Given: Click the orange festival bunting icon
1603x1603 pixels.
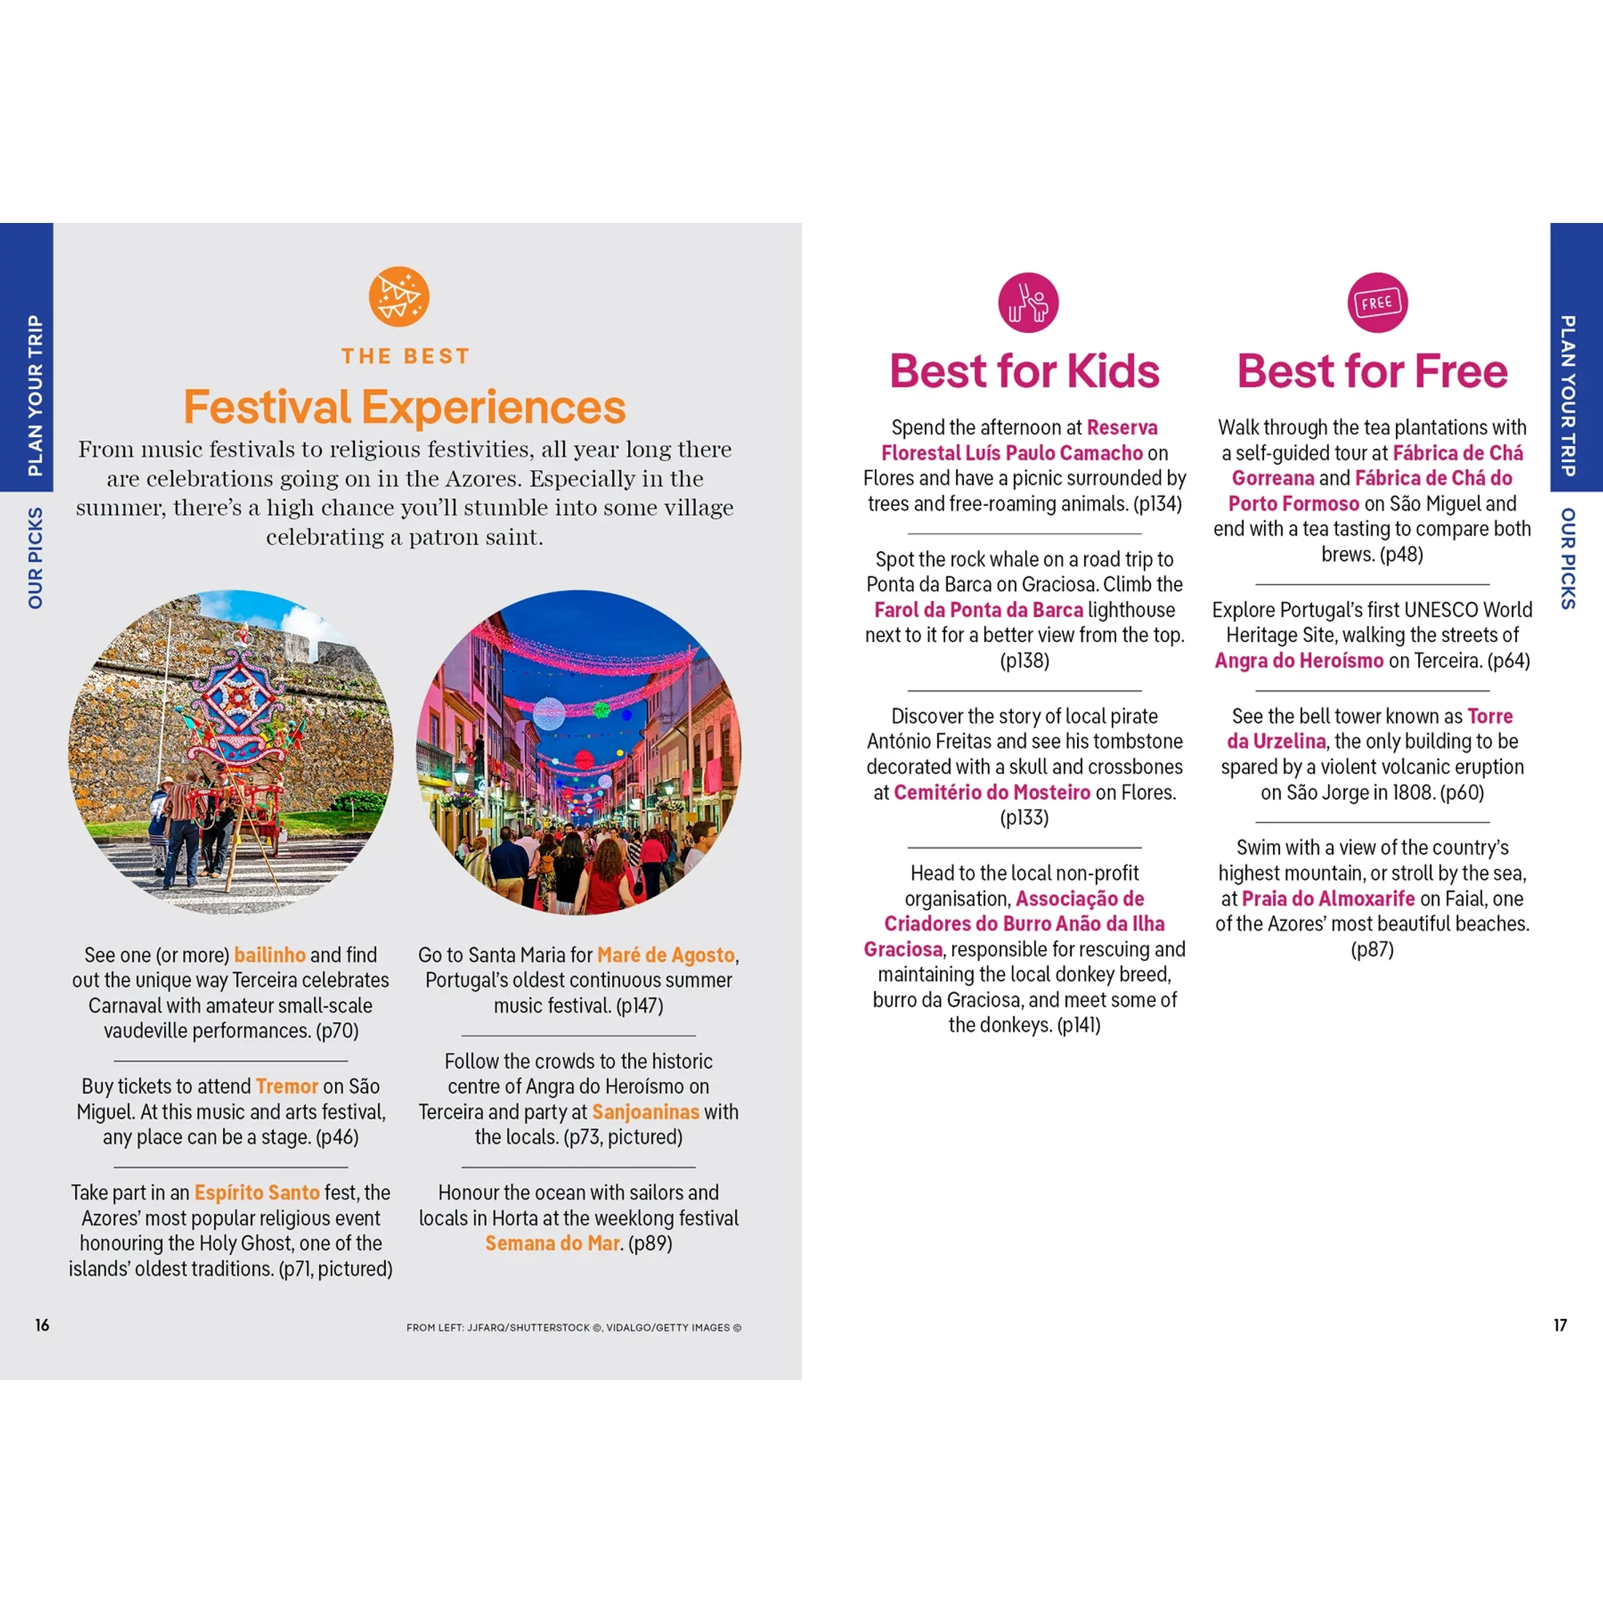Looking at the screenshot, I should point(399,297).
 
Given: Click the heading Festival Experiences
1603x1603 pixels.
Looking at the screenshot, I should point(404,407).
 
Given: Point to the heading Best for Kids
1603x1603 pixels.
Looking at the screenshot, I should point(1024,371).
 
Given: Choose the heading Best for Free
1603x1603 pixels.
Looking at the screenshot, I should point(1372,371).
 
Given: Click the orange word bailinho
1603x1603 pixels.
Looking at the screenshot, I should point(270,955).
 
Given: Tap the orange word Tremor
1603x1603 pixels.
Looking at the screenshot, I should point(287,1086).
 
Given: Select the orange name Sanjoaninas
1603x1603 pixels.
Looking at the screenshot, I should point(646,1112).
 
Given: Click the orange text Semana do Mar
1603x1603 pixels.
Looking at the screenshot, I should point(552,1243).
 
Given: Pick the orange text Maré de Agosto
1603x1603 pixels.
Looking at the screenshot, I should point(666,955).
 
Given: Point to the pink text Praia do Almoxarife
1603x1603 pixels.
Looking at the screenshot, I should point(1328,898).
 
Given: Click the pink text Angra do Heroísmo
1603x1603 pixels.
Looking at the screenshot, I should point(1299,660).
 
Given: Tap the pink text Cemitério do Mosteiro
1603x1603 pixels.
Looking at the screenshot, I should point(992,792).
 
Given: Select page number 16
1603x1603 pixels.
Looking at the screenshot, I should point(42,1325).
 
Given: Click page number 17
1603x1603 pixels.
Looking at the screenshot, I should point(1560,1325).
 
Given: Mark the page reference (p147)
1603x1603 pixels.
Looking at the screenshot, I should point(640,1006).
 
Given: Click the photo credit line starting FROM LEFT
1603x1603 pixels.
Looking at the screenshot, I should point(573,1328).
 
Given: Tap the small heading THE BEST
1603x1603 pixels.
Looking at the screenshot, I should point(405,357).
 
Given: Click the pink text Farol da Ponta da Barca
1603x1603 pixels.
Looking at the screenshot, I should point(979,610).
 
